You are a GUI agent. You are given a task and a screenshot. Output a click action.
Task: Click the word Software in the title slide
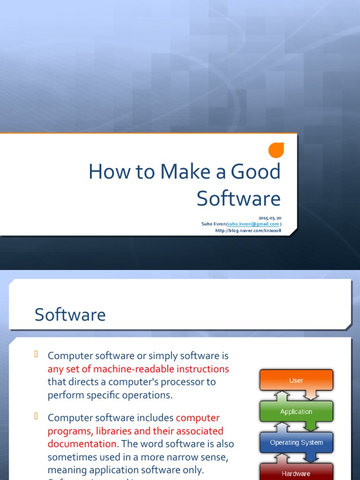pyautogui.click(x=239, y=198)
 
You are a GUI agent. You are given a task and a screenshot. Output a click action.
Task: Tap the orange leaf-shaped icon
pyautogui.click(x=276, y=150)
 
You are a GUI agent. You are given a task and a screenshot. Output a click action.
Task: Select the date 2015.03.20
pyautogui.click(x=270, y=218)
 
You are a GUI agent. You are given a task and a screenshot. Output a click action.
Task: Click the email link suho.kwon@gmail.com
pyautogui.click(x=253, y=224)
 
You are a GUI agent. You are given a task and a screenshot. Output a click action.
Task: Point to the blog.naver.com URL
pyautogui.click(x=248, y=230)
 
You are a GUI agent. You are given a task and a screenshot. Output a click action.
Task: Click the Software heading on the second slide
pyautogui.click(x=70, y=315)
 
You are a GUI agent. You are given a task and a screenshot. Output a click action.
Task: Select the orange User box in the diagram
pyautogui.click(x=296, y=380)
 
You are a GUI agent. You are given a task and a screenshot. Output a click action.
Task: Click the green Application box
pyautogui.click(x=296, y=412)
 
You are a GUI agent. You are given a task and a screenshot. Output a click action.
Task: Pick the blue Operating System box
pyautogui.click(x=296, y=442)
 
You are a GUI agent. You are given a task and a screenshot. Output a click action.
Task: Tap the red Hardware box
pyautogui.click(x=296, y=473)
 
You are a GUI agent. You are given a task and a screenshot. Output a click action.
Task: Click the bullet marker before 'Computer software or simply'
pyautogui.click(x=36, y=354)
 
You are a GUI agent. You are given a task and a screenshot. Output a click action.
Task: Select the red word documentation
pyautogui.click(x=82, y=443)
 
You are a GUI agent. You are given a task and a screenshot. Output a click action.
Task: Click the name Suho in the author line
pyautogui.click(x=207, y=224)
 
